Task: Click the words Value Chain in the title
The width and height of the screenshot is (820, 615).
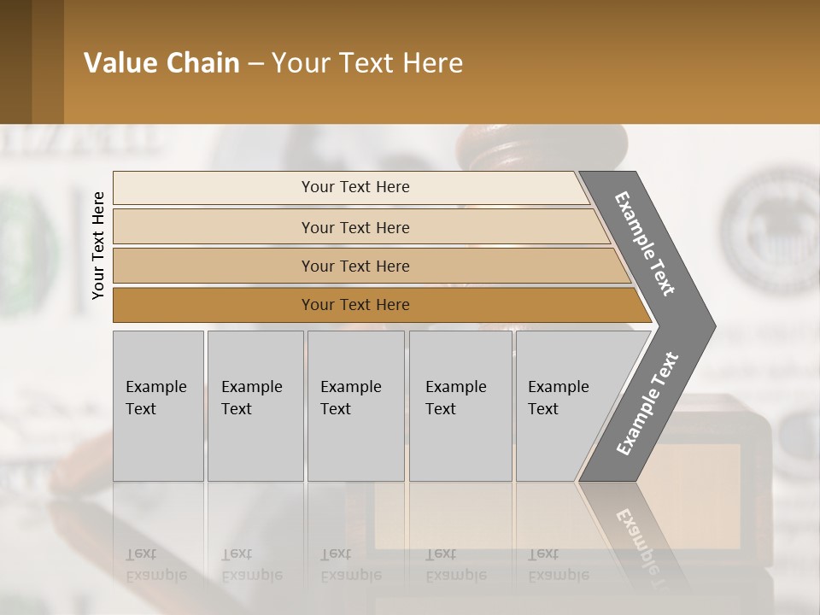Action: point(161,63)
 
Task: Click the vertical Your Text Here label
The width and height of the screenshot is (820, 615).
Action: point(98,245)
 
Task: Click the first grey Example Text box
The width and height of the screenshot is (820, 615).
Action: point(158,406)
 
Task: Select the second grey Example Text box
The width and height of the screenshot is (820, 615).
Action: point(255,406)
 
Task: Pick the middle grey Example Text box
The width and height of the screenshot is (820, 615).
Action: point(355,406)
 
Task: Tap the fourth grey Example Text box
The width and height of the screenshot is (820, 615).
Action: point(460,406)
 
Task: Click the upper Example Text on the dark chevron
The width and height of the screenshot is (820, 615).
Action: point(645,243)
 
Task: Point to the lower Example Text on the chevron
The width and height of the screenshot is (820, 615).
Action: point(647,404)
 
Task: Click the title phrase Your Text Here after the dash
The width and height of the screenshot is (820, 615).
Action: point(367,63)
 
